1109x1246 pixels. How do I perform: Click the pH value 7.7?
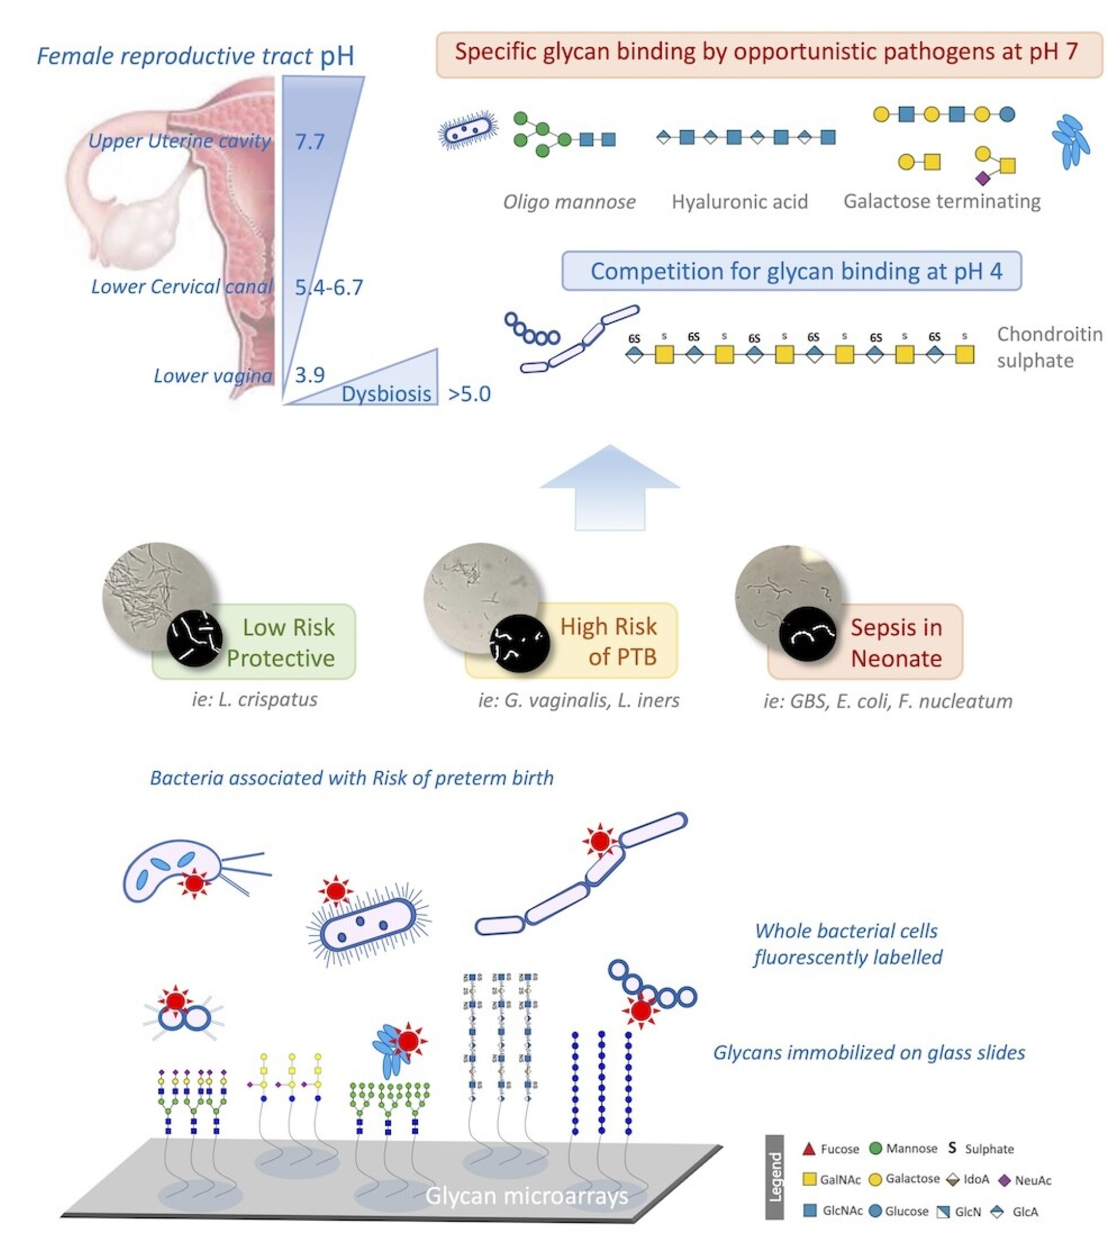click(x=310, y=142)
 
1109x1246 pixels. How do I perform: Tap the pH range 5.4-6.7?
click(x=329, y=287)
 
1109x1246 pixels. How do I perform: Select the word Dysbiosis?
click(x=386, y=394)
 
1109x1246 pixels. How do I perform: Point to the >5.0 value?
click(x=469, y=394)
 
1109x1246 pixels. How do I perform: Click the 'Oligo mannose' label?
click(x=569, y=202)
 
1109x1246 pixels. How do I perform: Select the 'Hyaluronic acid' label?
click(x=740, y=202)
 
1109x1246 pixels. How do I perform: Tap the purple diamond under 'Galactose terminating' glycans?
click(x=982, y=178)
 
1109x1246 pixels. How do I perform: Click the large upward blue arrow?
click(x=610, y=488)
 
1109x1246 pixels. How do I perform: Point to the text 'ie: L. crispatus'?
click(x=255, y=699)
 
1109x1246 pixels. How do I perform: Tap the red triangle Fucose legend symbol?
click(x=809, y=1149)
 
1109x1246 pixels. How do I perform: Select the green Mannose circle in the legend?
click(x=876, y=1148)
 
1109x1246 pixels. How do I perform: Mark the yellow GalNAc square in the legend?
click(x=809, y=1179)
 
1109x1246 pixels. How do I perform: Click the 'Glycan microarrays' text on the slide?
click(x=526, y=1196)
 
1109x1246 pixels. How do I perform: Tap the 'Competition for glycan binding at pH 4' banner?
click(x=791, y=271)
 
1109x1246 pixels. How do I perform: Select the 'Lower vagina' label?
click(x=213, y=376)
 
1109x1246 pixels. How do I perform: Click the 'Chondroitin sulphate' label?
click(x=1049, y=348)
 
